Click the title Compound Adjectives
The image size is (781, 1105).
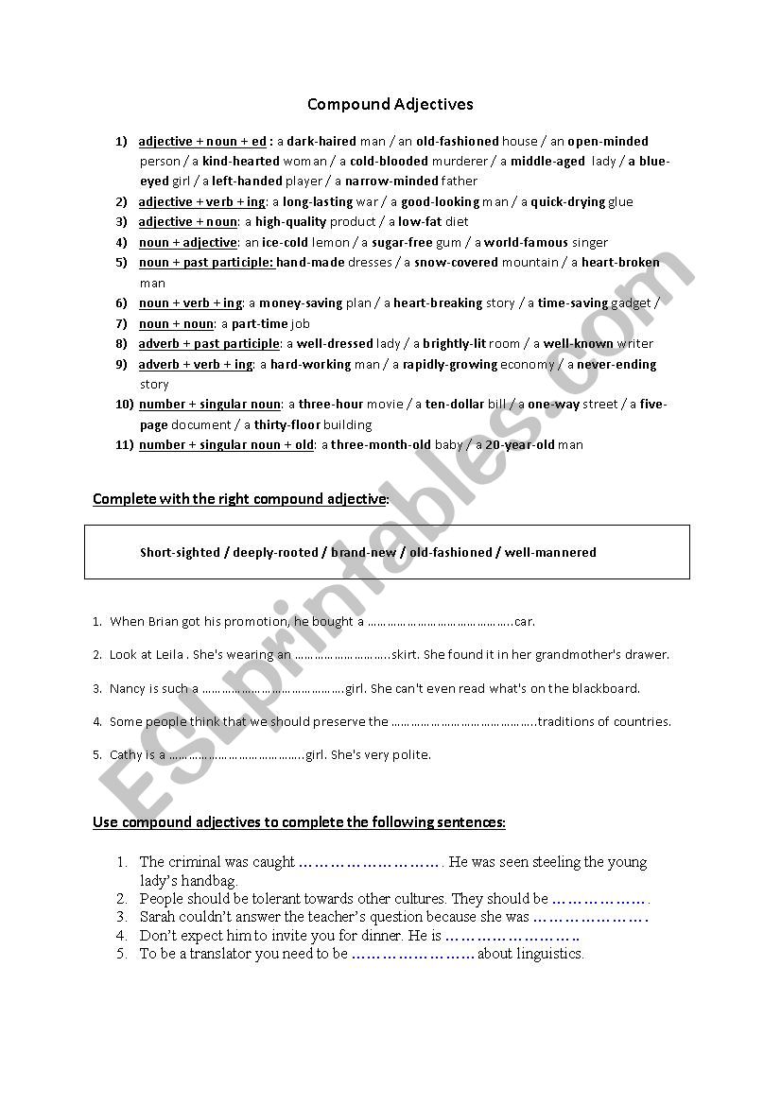click(390, 104)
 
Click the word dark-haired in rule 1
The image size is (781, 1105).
click(321, 142)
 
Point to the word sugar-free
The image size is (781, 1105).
click(402, 243)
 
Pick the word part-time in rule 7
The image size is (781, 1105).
click(260, 324)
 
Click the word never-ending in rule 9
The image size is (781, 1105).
click(616, 365)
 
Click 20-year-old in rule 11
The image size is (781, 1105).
click(520, 445)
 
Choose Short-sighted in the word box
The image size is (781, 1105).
click(179, 553)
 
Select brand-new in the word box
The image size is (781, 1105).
click(363, 553)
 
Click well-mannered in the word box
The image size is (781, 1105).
click(550, 553)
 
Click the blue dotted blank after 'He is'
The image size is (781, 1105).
click(512, 936)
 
